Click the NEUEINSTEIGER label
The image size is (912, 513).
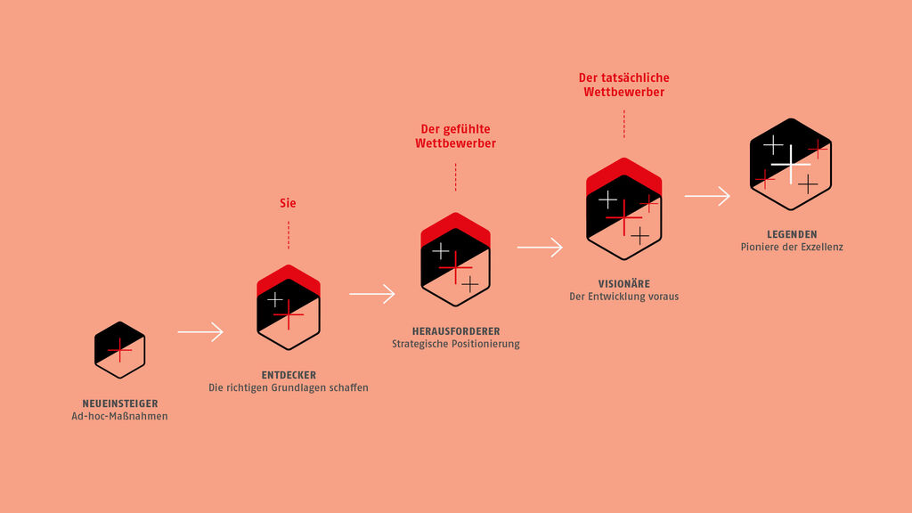[119, 403]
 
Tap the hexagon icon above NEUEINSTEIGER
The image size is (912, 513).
[119, 350]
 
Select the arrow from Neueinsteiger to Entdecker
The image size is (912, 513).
[200, 332]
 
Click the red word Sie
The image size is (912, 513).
[288, 203]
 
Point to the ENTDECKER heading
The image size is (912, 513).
[289, 375]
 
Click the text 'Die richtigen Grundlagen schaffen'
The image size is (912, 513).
[289, 387]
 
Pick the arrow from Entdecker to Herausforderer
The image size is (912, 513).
[372, 294]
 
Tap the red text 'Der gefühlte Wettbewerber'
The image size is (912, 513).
[455, 136]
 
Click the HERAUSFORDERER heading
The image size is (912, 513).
[456, 331]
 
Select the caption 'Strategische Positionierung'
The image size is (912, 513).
[456, 344]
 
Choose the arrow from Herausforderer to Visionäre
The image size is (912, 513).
[540, 248]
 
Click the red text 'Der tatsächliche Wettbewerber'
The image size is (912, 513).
[623, 85]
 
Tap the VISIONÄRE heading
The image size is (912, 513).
[623, 284]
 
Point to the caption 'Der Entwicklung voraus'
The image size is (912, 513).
[623, 297]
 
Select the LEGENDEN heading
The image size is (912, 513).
[792, 234]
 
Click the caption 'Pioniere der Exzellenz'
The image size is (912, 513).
[792, 247]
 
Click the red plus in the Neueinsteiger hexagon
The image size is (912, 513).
[119, 350]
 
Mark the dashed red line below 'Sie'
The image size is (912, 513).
[288, 234]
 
